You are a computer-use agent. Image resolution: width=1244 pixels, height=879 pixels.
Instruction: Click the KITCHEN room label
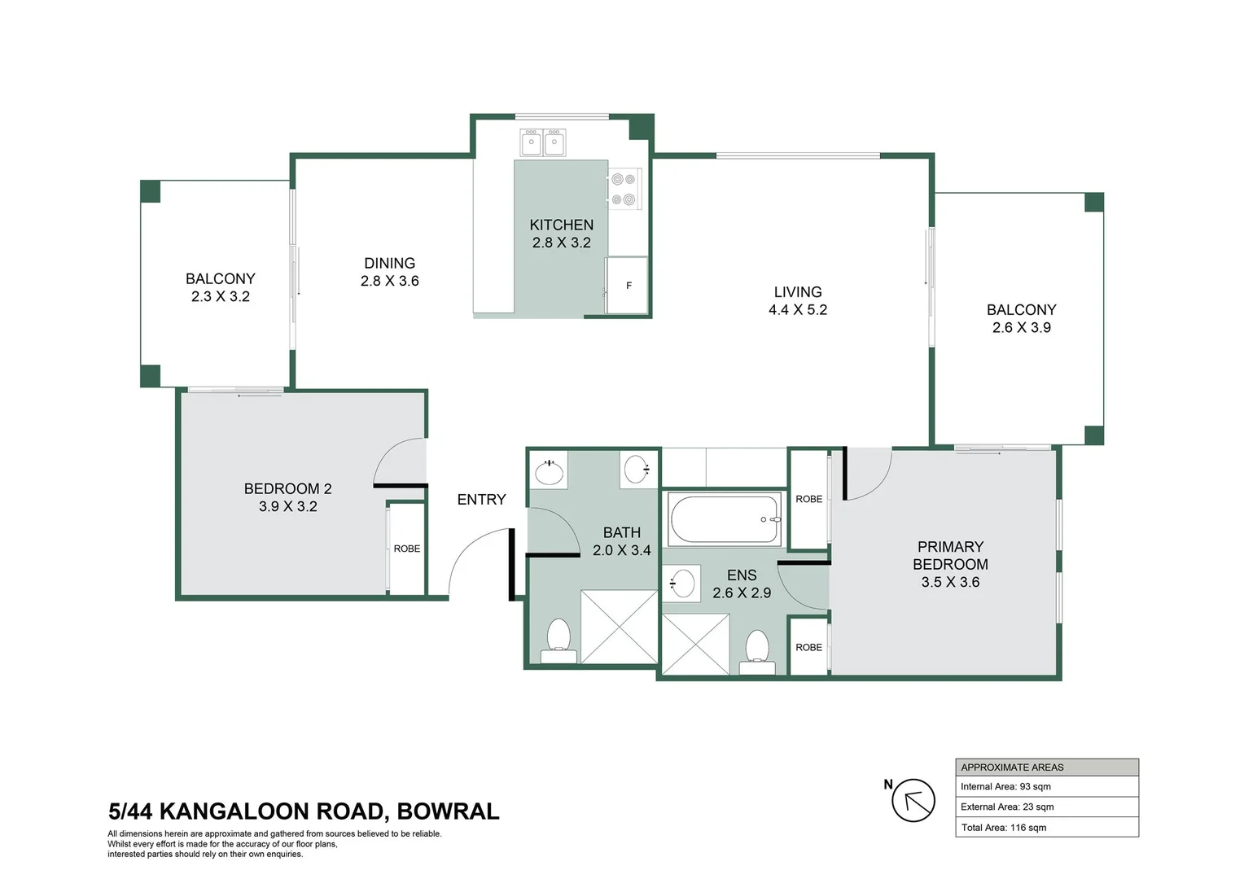tap(561, 225)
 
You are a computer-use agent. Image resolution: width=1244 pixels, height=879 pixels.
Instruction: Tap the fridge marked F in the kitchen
tap(627, 285)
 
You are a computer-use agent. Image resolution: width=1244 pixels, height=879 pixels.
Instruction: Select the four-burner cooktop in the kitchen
tap(624, 189)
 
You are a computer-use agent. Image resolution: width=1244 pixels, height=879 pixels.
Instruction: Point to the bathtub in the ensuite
tap(724, 519)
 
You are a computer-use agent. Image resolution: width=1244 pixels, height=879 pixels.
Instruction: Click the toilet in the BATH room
tap(558, 639)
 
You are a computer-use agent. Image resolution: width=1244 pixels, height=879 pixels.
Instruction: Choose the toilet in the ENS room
tap(757, 650)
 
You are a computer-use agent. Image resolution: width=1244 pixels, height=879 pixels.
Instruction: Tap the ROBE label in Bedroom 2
tap(406, 549)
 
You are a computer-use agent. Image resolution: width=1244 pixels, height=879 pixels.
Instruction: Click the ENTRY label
tap(481, 500)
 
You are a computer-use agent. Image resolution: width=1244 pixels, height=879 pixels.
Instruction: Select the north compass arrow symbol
tap(913, 800)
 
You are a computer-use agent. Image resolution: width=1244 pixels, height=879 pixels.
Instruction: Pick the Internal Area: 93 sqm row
tap(1046, 786)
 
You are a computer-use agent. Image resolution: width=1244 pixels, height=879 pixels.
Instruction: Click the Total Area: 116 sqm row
tap(1046, 828)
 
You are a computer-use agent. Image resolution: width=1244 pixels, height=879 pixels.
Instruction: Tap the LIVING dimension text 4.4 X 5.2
tap(797, 310)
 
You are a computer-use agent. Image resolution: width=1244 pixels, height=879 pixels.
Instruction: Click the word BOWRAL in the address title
tap(448, 811)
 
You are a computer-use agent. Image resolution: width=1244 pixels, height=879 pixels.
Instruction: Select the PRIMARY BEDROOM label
tap(950, 555)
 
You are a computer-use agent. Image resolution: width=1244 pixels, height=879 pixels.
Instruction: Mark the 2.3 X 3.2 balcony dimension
tap(220, 297)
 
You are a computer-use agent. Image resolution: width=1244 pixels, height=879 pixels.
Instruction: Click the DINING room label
tap(389, 263)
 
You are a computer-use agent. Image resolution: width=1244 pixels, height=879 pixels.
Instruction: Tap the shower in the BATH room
tap(619, 627)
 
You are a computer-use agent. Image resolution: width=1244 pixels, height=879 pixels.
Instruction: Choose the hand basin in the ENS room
tap(682, 584)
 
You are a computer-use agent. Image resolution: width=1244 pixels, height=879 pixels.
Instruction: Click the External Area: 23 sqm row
tap(1046, 807)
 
